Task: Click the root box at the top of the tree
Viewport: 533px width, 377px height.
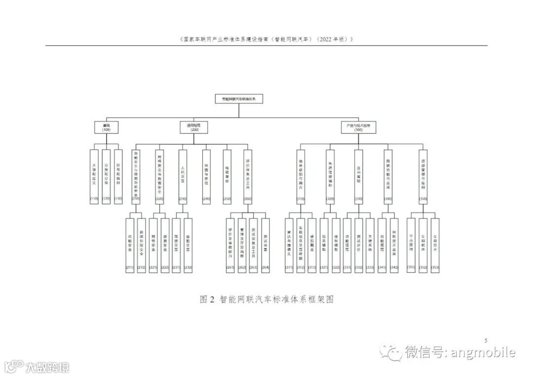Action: [239, 99]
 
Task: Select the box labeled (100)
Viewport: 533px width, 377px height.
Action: [106, 127]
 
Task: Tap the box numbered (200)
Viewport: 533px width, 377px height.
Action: [193, 127]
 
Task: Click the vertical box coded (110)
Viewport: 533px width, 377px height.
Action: [94, 176]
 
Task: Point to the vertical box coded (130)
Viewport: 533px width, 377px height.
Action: [118, 176]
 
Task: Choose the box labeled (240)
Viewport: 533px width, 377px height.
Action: [206, 176]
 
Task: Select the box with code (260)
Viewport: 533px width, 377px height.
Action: [247, 176]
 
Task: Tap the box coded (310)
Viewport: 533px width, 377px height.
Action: [301, 176]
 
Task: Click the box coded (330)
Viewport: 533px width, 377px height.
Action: [358, 176]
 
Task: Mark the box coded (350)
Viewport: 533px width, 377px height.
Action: [422, 176]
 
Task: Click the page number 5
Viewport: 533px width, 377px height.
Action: [486, 340]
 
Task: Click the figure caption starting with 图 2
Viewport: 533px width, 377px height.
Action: [266, 299]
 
